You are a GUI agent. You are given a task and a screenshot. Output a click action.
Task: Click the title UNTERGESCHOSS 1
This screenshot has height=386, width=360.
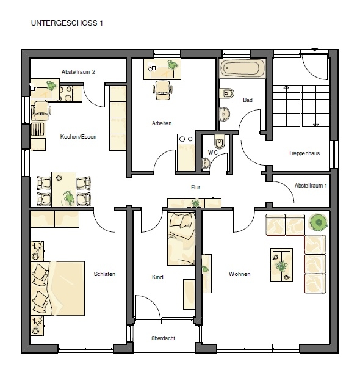point(67,23)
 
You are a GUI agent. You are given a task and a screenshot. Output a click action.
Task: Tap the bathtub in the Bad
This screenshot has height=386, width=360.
point(242,68)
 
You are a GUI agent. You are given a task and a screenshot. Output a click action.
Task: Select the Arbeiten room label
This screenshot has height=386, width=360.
point(162,123)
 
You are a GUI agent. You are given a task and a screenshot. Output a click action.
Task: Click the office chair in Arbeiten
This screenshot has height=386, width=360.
point(162,90)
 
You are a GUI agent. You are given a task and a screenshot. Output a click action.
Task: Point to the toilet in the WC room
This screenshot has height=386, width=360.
point(219,141)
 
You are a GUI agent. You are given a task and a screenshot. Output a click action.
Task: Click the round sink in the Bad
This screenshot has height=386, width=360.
point(225,114)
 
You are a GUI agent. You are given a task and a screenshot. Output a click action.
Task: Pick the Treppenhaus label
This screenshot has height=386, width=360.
point(304,153)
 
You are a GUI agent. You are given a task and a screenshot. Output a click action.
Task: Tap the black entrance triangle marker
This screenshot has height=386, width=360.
point(315,49)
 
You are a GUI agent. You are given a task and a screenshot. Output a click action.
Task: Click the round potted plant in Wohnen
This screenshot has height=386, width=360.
point(318,222)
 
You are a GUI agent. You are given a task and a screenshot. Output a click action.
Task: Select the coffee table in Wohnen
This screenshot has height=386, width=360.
point(281,264)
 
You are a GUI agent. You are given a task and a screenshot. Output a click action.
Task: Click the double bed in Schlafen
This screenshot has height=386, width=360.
point(57,288)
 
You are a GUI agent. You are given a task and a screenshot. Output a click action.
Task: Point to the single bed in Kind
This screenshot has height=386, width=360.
point(181,238)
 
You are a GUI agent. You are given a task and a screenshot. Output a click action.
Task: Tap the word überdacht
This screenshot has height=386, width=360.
point(164,338)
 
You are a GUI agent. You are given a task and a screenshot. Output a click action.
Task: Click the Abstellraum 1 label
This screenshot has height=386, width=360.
point(311,186)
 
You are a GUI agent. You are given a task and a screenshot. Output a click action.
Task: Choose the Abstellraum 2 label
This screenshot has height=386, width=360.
point(78,72)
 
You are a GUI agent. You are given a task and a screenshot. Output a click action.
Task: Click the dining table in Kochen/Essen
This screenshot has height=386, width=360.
point(63,189)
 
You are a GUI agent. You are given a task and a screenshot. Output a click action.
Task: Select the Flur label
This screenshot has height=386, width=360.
point(195,188)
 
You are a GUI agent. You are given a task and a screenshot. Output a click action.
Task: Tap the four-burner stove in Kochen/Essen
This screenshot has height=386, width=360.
point(66,93)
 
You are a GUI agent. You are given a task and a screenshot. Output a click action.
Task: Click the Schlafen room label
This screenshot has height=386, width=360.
point(104,274)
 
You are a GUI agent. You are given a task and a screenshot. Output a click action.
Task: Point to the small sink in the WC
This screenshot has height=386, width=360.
point(206,163)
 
